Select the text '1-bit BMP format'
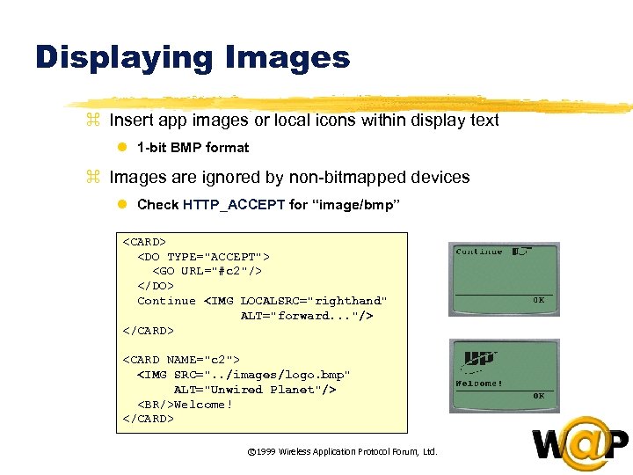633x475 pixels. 193,148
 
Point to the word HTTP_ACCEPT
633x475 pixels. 234,205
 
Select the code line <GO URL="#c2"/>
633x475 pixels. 207,271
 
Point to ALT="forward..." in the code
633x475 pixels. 306,316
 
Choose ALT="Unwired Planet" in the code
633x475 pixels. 255,390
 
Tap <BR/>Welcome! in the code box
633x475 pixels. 185,405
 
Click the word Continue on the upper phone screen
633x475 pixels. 479,252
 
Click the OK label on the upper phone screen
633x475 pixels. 538,299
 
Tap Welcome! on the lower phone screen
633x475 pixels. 479,384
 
